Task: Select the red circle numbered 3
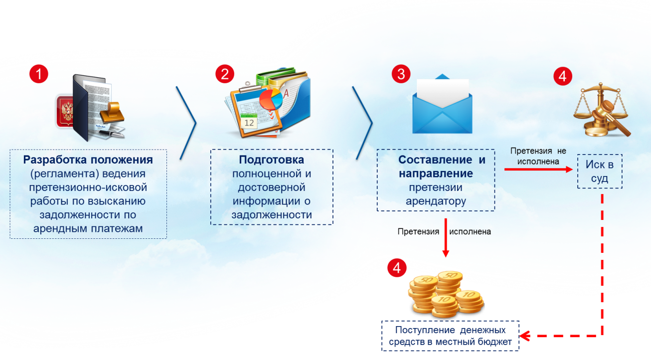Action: [401, 74]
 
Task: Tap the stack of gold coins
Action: [445, 294]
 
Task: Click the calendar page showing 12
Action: [250, 121]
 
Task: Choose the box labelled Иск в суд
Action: [600, 172]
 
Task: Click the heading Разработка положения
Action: [88, 160]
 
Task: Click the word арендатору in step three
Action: [436, 201]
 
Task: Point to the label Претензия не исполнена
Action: [538, 156]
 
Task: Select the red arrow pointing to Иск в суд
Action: [538, 170]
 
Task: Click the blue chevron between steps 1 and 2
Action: [187, 123]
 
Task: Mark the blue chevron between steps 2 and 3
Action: [364, 123]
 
